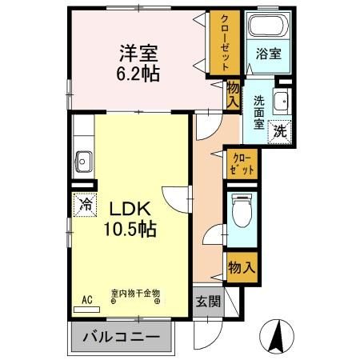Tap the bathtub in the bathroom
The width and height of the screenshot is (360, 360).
pos(267,26)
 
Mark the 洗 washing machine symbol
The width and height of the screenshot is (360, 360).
pos(282,130)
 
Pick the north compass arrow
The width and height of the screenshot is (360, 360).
pos(280,334)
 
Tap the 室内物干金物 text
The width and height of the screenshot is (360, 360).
pos(134,294)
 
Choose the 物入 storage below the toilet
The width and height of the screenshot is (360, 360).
pos(241,267)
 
